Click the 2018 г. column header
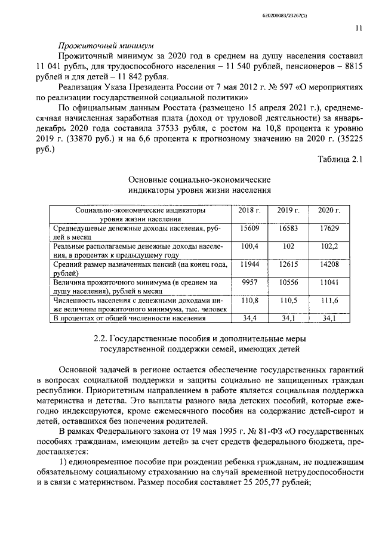point(249,211)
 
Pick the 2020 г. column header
point(329,211)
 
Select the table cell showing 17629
point(329,229)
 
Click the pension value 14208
point(329,264)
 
